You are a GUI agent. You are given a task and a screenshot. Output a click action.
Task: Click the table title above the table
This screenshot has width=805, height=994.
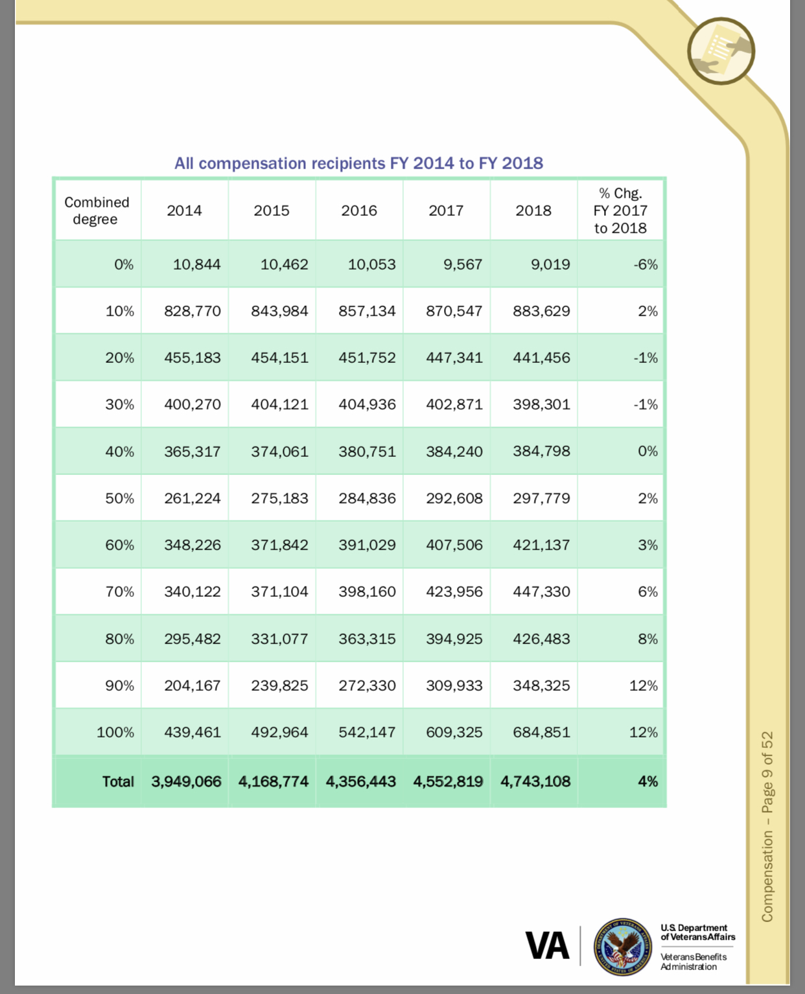click(358, 163)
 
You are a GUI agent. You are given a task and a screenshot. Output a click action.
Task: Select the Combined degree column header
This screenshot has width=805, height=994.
click(97, 211)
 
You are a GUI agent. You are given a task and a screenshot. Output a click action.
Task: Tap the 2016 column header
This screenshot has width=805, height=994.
click(359, 211)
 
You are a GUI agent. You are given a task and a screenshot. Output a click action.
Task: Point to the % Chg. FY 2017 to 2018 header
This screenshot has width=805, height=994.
click(620, 211)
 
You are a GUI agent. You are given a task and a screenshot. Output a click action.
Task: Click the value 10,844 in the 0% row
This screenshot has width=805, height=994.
click(196, 264)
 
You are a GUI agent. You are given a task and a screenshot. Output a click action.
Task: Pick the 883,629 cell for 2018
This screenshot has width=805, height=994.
click(541, 311)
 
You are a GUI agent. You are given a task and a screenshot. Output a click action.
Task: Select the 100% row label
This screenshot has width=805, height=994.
click(115, 732)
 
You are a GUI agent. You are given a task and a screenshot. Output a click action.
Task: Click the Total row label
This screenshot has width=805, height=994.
click(118, 781)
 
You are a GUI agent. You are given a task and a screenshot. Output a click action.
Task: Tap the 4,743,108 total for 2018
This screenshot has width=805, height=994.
click(535, 781)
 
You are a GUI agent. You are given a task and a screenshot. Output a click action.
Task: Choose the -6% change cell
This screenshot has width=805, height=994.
click(646, 264)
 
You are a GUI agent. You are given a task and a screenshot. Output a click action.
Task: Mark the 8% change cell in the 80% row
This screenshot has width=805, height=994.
click(647, 639)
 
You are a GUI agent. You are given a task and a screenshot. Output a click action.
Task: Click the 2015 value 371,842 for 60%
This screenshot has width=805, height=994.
click(279, 545)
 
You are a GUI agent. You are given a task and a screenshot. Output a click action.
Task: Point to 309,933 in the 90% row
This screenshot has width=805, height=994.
click(454, 686)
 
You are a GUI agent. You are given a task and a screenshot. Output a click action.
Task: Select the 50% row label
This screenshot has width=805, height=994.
click(120, 498)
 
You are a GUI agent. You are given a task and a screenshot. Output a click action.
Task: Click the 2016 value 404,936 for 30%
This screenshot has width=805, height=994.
click(367, 404)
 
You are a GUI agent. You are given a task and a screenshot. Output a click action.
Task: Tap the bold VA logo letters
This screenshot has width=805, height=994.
click(547, 945)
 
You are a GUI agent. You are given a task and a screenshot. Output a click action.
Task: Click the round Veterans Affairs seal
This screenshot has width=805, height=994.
click(624, 947)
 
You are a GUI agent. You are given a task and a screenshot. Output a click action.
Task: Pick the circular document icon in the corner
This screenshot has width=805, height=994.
click(721, 51)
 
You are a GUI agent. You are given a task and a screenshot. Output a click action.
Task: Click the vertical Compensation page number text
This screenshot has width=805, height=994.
click(767, 826)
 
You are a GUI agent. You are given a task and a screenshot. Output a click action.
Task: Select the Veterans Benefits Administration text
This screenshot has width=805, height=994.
click(694, 962)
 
